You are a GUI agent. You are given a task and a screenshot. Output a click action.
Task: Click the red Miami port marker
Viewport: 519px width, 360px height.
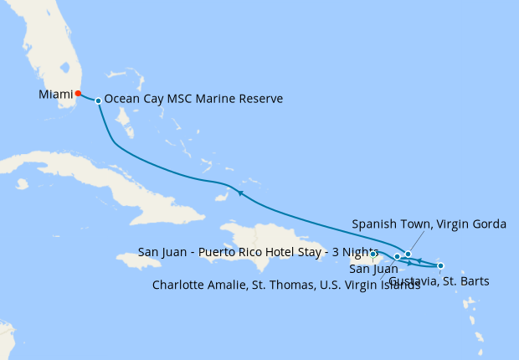(78, 94)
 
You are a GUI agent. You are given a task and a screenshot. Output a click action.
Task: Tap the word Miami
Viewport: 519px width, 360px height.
(55, 95)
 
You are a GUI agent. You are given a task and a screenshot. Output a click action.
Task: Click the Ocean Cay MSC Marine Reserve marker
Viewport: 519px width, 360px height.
(99, 100)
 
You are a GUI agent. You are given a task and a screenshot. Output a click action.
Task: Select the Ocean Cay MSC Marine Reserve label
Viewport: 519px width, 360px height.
(193, 99)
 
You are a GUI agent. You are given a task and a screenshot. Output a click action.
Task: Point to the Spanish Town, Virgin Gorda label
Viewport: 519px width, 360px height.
(429, 224)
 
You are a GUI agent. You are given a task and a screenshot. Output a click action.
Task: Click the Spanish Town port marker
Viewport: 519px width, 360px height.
(408, 254)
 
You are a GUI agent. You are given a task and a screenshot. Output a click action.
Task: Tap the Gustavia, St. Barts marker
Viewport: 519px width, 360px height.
(440, 266)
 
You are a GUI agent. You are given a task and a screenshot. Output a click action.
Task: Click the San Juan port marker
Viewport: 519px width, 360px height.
(373, 255)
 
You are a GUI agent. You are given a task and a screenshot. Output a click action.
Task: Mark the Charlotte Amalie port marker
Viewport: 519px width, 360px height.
(397, 257)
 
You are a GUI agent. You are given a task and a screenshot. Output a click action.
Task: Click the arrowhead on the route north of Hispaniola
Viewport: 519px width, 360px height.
(239, 193)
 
